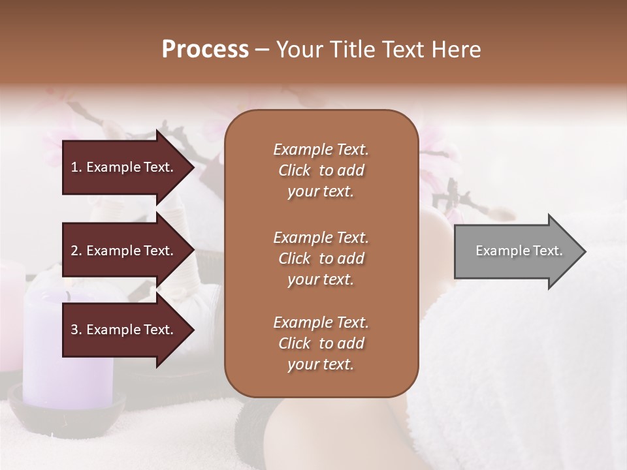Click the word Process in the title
coord(205,50)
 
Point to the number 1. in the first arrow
coord(76,167)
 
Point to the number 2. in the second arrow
coord(76,251)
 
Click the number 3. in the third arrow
coord(76,330)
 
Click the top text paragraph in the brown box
coord(321,170)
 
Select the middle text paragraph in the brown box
coord(321,258)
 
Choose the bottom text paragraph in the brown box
coord(321,343)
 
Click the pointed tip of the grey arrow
coord(583,251)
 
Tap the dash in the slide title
coord(263,50)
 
